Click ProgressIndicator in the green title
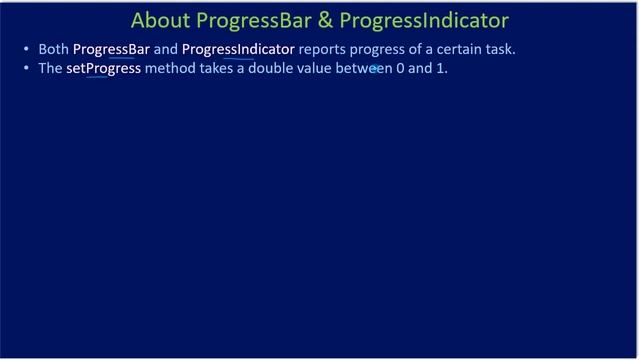pyautogui.click(x=424, y=20)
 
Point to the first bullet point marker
pyautogui.click(x=26, y=49)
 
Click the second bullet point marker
pyautogui.click(x=26, y=69)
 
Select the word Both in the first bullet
pyautogui.click(x=54, y=48)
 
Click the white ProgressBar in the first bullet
pyautogui.click(x=111, y=48)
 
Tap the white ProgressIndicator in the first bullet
pyautogui.click(x=238, y=48)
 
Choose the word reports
pyautogui.click(x=322, y=48)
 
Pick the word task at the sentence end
pyautogui.click(x=499, y=48)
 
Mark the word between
pyautogui.click(x=367, y=69)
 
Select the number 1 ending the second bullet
pyautogui.click(x=441, y=69)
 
